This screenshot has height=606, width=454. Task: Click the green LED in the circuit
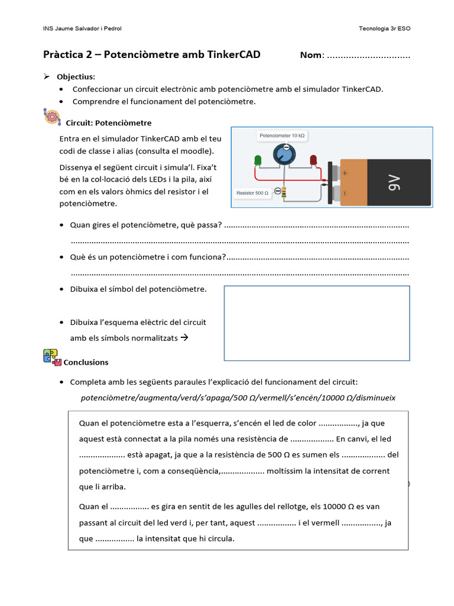(x=258, y=160)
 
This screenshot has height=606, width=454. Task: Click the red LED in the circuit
(x=313, y=160)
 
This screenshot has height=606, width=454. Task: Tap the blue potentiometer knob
(x=285, y=155)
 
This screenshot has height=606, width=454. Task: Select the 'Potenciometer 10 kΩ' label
(x=282, y=136)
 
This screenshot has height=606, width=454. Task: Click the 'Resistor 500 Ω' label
(x=252, y=193)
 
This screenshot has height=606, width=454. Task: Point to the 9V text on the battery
(x=395, y=183)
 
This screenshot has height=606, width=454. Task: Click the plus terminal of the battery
(x=345, y=173)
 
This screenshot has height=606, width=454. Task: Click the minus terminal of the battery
(x=345, y=193)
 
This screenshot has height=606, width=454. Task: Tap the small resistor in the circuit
(x=284, y=192)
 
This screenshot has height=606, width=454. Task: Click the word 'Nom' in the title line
(x=311, y=55)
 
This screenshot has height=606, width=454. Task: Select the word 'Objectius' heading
(x=75, y=77)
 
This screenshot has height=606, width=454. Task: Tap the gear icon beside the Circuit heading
(x=52, y=117)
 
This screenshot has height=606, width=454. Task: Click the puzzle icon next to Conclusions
(x=52, y=357)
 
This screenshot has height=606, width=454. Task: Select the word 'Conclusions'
(x=86, y=362)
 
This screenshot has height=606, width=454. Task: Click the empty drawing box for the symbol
(x=316, y=323)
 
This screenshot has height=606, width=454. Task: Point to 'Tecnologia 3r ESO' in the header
(x=384, y=28)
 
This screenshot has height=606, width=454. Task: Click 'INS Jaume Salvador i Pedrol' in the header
(x=83, y=28)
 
